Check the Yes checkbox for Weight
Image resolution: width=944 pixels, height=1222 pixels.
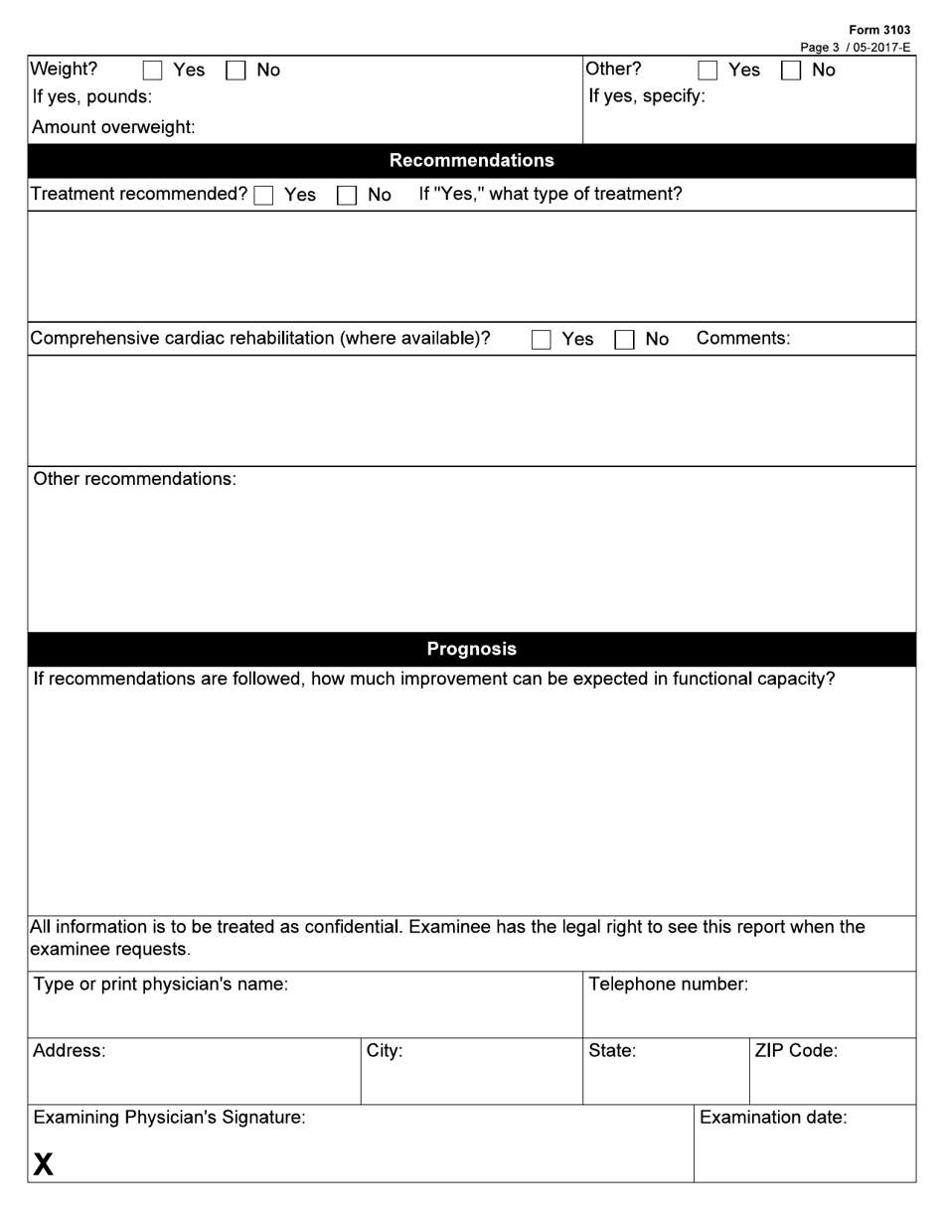click(153, 71)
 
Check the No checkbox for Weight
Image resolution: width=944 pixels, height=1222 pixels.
click(236, 71)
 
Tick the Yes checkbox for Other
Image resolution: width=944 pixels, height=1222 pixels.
click(708, 71)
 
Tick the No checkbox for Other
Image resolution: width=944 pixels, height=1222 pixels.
click(791, 71)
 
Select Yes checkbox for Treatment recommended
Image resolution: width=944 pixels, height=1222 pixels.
click(264, 196)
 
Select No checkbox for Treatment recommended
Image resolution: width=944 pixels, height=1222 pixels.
click(346, 196)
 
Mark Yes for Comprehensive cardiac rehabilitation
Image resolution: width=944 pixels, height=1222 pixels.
click(542, 340)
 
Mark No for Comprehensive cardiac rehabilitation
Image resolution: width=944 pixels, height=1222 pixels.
click(624, 340)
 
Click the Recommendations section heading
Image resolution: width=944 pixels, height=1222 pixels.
click(471, 161)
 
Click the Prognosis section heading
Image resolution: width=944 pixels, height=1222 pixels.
click(471, 649)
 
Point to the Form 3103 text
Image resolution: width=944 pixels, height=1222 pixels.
click(879, 30)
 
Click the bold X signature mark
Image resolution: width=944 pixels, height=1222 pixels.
click(43, 1163)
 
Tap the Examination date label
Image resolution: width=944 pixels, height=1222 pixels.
click(773, 1118)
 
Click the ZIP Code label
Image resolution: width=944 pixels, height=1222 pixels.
click(796, 1051)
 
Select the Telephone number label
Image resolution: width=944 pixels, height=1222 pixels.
click(668, 985)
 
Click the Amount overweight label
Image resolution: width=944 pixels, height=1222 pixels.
click(113, 127)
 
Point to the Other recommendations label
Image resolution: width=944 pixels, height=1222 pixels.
click(135, 479)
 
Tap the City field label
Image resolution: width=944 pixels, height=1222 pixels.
click(385, 1051)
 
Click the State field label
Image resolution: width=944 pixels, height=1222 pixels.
click(612, 1051)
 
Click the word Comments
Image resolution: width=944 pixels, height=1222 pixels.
click(743, 339)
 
